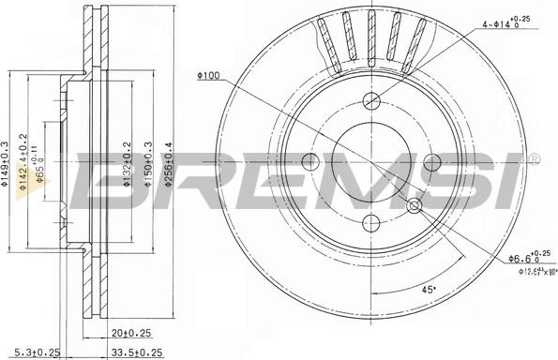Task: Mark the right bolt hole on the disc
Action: (432, 163)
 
